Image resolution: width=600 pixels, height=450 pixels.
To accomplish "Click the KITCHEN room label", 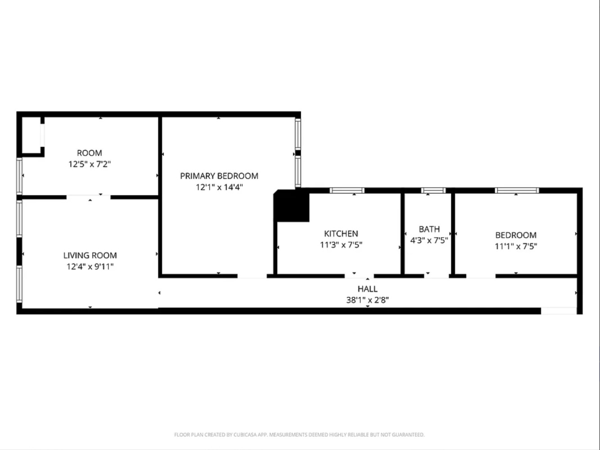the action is (341, 234).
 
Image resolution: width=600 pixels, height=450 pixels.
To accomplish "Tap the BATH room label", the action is (429, 229).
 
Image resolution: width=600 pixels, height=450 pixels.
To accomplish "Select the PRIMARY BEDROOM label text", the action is (219, 176).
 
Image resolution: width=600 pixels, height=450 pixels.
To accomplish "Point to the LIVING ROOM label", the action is (90, 255).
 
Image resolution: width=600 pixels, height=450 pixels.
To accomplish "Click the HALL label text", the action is (367, 289).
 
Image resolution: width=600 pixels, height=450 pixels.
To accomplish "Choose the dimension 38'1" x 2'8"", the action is (367, 300).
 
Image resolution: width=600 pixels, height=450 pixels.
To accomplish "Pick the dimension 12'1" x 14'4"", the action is (219, 187).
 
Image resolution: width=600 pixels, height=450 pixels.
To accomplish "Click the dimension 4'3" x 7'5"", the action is (429, 240).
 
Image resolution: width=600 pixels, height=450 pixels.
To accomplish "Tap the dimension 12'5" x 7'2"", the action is (90, 164).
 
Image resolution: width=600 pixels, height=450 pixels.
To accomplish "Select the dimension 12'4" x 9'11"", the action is (90, 266).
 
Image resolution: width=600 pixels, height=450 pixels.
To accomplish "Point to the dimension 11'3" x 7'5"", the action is (341, 245).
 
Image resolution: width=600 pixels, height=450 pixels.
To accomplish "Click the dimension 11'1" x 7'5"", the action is (516, 246).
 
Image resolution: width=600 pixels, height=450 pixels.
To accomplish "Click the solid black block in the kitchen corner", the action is (291, 206).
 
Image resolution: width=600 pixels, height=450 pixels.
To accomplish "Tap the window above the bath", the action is (433, 190).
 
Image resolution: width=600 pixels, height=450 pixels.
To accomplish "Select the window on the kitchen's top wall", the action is (347, 190).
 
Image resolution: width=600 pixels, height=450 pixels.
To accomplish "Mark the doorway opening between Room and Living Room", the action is (88, 197).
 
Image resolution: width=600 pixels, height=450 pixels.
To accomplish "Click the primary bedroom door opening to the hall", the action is (252, 276).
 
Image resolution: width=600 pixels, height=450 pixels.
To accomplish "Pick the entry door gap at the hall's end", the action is (559, 311).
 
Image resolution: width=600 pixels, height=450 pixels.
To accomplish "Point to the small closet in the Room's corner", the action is (31, 135).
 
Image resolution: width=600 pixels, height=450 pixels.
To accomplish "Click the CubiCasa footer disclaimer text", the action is (299, 435).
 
